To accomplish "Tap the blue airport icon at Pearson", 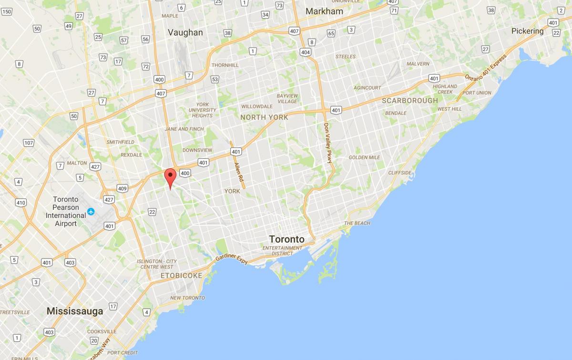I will pyautogui.click(x=91, y=211).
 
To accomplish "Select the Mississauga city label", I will pyautogui.click(x=75, y=311).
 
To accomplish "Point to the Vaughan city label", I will pyautogui.click(x=185, y=33).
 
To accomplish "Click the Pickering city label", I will pyautogui.click(x=527, y=31).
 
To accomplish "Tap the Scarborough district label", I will pyautogui.click(x=410, y=101).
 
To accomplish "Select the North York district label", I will pyautogui.click(x=264, y=117).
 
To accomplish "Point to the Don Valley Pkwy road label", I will pyautogui.click(x=327, y=143).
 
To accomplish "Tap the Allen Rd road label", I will pyautogui.click(x=238, y=170).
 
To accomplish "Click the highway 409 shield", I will pyautogui.click(x=123, y=188).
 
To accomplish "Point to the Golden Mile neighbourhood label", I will pyautogui.click(x=364, y=157).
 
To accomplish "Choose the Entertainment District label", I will pyautogui.click(x=282, y=251).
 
